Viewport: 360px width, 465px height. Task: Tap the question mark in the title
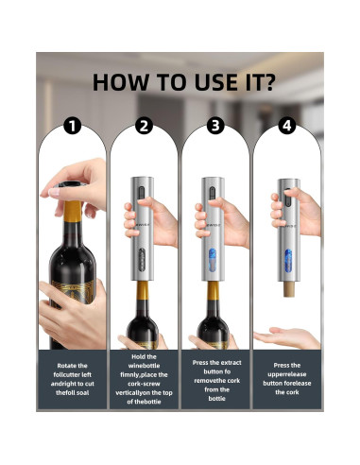270,82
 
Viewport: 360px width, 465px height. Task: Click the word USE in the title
191,82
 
